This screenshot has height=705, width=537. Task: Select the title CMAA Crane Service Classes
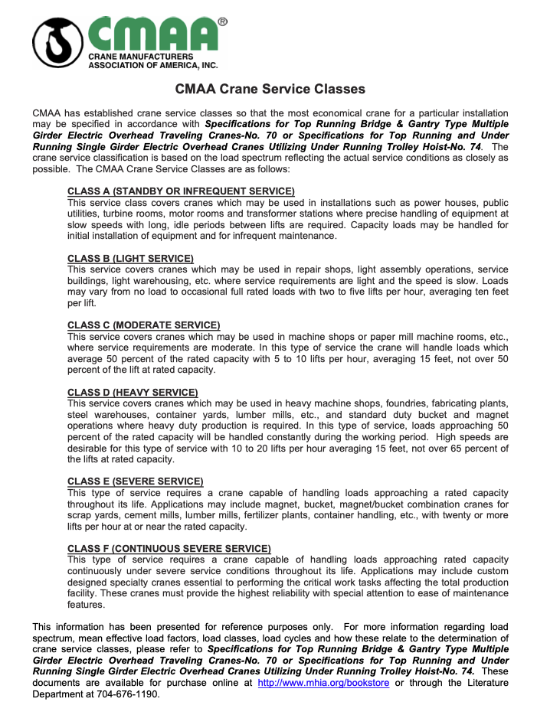tap(270, 90)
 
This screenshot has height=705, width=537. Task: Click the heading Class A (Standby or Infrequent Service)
tap(181, 191)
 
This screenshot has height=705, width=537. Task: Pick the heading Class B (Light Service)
tap(130, 258)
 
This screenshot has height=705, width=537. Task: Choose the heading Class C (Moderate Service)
tap(143, 325)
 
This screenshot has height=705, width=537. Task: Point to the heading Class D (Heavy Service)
tap(133, 393)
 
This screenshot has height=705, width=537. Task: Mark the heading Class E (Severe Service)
tap(135, 481)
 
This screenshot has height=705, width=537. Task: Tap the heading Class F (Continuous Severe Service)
tap(169, 548)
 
